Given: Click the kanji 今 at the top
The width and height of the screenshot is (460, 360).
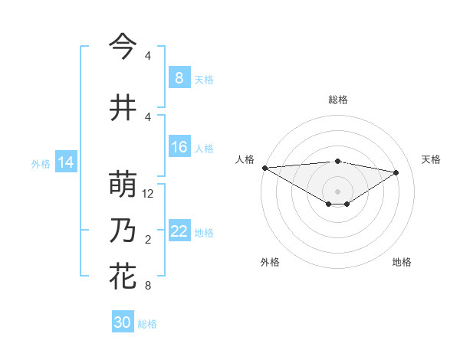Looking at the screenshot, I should coord(123,46).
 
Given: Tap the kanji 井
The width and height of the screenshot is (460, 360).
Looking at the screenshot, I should coord(123,107).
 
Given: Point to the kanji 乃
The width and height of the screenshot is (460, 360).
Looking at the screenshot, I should coord(123,231).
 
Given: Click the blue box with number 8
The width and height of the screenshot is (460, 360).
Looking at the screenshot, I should coord(179,78).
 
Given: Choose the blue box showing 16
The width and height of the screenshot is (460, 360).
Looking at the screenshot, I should coord(179,148).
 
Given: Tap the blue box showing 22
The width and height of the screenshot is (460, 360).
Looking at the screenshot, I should coord(179,232).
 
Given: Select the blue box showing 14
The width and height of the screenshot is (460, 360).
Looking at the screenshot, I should coord(65,162).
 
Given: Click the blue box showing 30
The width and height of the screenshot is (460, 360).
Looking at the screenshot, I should coord(123,322).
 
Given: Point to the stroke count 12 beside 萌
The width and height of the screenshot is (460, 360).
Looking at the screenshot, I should coord(149,194).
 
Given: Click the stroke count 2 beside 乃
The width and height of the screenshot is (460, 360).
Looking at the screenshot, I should coord(148,240).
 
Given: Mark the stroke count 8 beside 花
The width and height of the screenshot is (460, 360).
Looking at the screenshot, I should coord(148,286).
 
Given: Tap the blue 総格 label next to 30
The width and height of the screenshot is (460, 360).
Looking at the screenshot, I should coord(147,324).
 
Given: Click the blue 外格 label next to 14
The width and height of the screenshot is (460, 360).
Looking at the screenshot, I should coord(41,163).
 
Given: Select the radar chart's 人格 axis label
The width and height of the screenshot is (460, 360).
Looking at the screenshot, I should coord(245,159).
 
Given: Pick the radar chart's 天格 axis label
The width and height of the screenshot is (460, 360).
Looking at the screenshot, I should coord(431,159).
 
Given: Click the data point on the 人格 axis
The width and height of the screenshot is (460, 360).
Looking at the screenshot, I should coord(264,168).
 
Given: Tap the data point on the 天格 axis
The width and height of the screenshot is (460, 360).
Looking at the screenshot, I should coord(396,172).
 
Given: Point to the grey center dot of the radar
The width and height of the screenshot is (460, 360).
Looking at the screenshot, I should coord(337,190).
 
